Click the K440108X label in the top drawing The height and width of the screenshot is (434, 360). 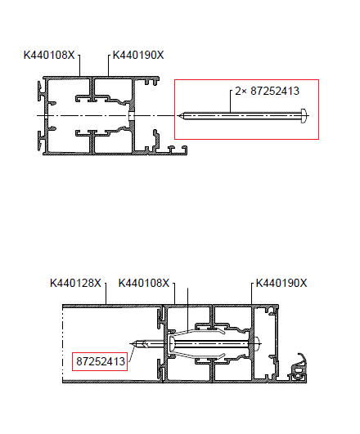coord(49,55)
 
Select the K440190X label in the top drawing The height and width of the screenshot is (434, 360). coord(138,55)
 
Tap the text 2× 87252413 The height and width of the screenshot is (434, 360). coord(268,91)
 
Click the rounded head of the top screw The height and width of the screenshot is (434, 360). coord(304,116)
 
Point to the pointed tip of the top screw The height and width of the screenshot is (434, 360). coord(179,116)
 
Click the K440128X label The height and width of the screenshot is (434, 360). coord(75,283)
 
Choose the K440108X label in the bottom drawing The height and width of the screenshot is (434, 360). coord(144,283)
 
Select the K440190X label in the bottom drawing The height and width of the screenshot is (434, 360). coord(281,283)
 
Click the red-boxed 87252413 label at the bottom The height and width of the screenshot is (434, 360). coord(101,361)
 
